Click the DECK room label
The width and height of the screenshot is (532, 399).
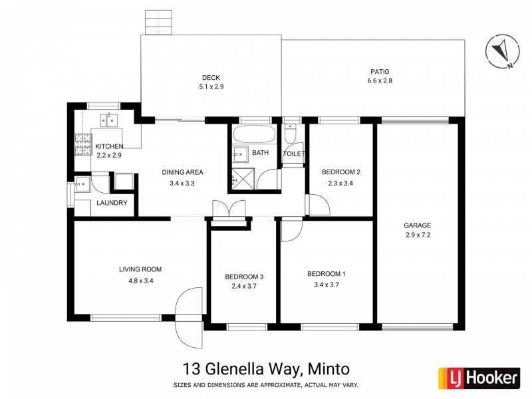(x=210, y=76)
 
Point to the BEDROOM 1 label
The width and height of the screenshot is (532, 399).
(x=326, y=274)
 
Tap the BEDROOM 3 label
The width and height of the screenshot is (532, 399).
(x=244, y=277)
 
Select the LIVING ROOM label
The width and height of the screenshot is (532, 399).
(x=140, y=269)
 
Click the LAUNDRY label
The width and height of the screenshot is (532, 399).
(x=112, y=203)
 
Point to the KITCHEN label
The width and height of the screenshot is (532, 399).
(x=109, y=146)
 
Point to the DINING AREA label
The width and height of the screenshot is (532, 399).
(x=182, y=172)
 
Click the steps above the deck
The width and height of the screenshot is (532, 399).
(x=158, y=24)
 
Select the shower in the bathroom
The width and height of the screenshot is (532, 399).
(x=241, y=178)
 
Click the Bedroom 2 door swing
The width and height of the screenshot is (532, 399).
(x=317, y=204)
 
